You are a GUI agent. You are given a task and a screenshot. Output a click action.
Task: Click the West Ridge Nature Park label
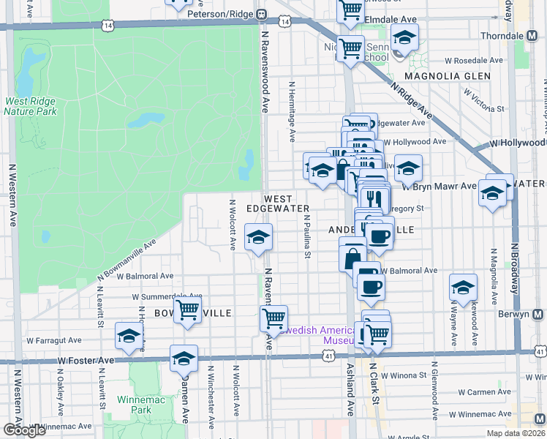click(x=31, y=107)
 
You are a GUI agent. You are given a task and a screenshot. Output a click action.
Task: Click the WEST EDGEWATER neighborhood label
click(x=278, y=203)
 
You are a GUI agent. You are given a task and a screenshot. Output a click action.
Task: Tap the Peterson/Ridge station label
click(x=219, y=14)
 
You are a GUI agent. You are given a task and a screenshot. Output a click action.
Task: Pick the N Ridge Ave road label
click(x=410, y=101)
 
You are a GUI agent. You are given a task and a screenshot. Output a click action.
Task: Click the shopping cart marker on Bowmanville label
click(x=188, y=310)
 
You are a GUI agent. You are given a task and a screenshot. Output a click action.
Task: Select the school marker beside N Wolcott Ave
click(x=258, y=237)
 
